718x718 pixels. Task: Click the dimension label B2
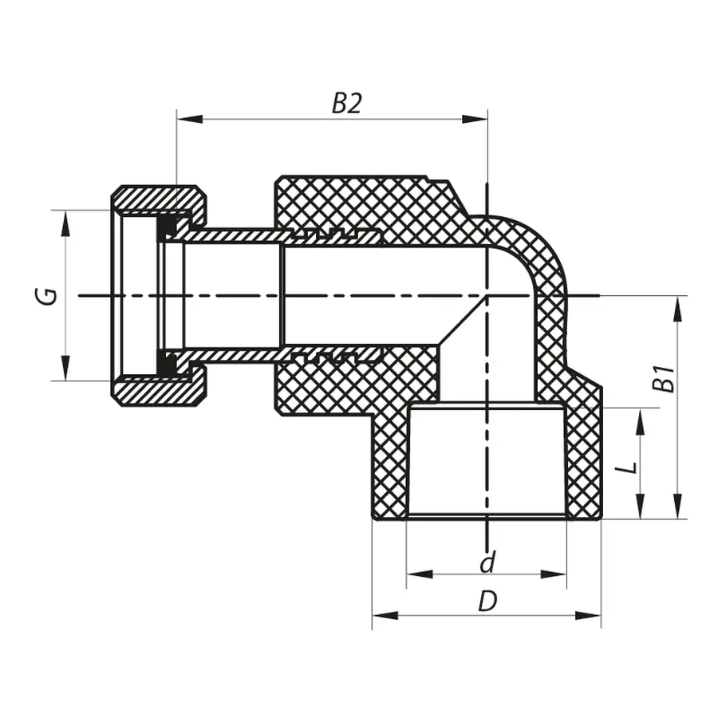[346, 103]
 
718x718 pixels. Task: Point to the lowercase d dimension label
[487, 562]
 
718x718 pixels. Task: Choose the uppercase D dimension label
[487, 602]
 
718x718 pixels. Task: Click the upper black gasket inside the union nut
[168, 229]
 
